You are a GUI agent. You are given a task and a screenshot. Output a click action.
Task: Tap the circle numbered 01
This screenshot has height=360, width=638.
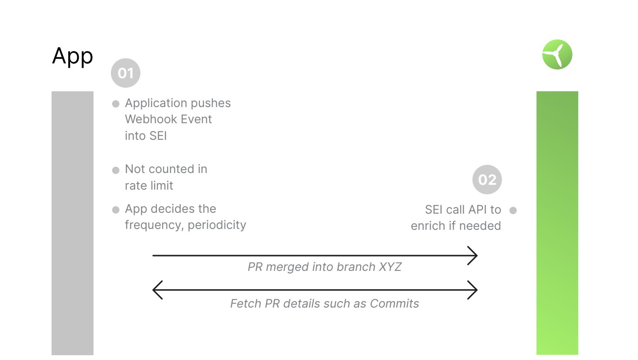coord(125,73)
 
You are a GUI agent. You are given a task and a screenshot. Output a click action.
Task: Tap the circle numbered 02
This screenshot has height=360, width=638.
coord(487,180)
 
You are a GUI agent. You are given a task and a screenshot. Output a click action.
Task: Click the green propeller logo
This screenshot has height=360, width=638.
coord(557,55)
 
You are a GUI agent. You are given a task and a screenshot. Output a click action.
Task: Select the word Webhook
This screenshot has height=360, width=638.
coord(147,119)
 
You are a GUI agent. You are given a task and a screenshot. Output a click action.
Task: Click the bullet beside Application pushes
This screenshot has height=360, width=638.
coord(116,104)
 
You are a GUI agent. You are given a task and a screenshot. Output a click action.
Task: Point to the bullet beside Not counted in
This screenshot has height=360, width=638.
coord(116,170)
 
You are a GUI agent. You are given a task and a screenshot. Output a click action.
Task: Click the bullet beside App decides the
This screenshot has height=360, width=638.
coord(116,210)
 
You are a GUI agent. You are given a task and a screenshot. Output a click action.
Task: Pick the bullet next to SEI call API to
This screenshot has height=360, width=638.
coord(513,211)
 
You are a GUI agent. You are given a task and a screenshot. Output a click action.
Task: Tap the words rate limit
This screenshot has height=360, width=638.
coord(149,186)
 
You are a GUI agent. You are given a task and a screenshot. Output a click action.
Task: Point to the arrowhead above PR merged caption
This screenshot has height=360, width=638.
coord(473,256)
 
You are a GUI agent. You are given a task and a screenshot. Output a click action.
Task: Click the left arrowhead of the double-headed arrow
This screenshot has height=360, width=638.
coord(157,290)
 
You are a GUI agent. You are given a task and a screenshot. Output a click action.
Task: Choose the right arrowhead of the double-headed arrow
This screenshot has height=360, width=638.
coord(473,290)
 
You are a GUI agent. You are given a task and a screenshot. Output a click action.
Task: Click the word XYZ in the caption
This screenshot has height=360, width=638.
coord(390,267)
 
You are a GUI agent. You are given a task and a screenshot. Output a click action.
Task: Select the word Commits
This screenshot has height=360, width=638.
coord(394,304)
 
